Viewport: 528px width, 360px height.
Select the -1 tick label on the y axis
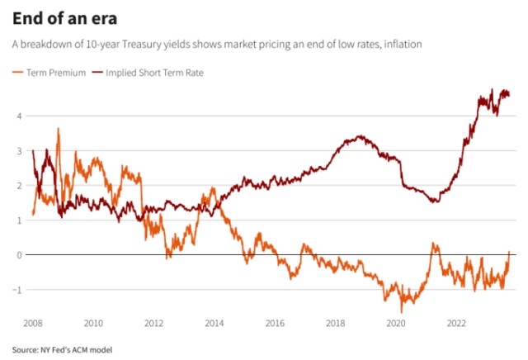[16, 289]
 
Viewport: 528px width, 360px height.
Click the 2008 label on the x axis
[33, 324]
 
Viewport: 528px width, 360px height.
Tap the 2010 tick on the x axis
[93, 324]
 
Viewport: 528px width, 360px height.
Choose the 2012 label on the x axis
[154, 324]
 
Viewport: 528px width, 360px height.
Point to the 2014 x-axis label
[214, 324]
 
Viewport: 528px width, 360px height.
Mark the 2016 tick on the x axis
[276, 324]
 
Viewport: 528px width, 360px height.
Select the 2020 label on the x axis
[397, 324]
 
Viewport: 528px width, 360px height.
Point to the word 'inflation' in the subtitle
[401, 44]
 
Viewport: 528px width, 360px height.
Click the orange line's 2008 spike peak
[58, 129]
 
